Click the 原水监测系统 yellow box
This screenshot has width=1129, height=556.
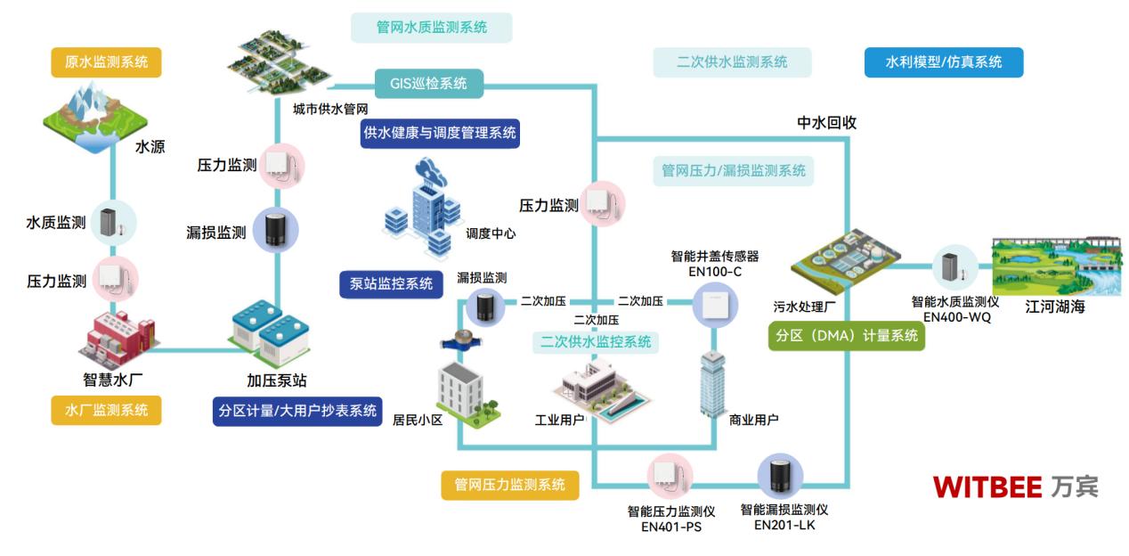click(107, 63)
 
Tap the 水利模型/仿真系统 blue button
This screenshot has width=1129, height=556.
click(943, 62)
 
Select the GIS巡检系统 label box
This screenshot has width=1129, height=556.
click(428, 84)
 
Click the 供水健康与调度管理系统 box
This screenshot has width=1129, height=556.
click(439, 133)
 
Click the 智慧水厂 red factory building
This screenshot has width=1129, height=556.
click(113, 338)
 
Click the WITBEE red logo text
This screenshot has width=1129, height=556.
click(987, 487)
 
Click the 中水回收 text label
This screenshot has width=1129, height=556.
click(826, 123)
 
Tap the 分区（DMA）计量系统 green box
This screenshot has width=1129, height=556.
click(846, 337)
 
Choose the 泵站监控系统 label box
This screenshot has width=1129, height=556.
click(392, 284)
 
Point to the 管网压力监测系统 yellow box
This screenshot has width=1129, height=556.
click(510, 485)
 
